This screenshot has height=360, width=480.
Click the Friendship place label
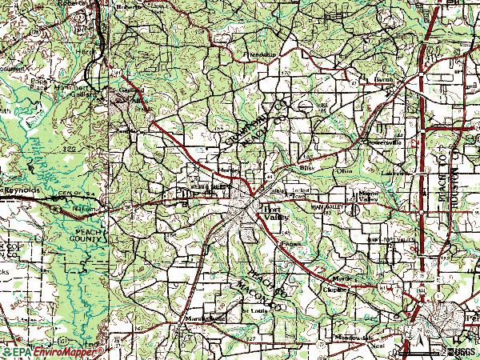point(258,54)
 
